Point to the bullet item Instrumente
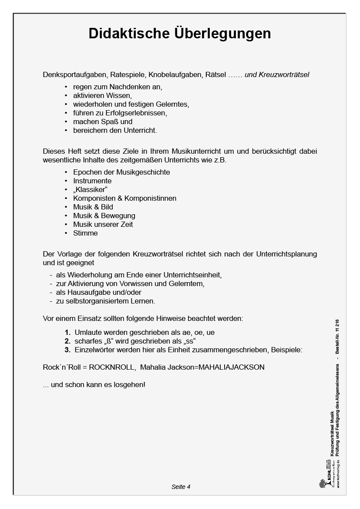click(x=92, y=181)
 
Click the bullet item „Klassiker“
click(x=90, y=189)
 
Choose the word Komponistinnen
click(x=150, y=198)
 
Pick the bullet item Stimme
click(x=85, y=233)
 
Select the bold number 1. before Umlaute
click(x=67, y=332)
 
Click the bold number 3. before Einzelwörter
click(x=67, y=350)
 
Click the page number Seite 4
click(x=181, y=487)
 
